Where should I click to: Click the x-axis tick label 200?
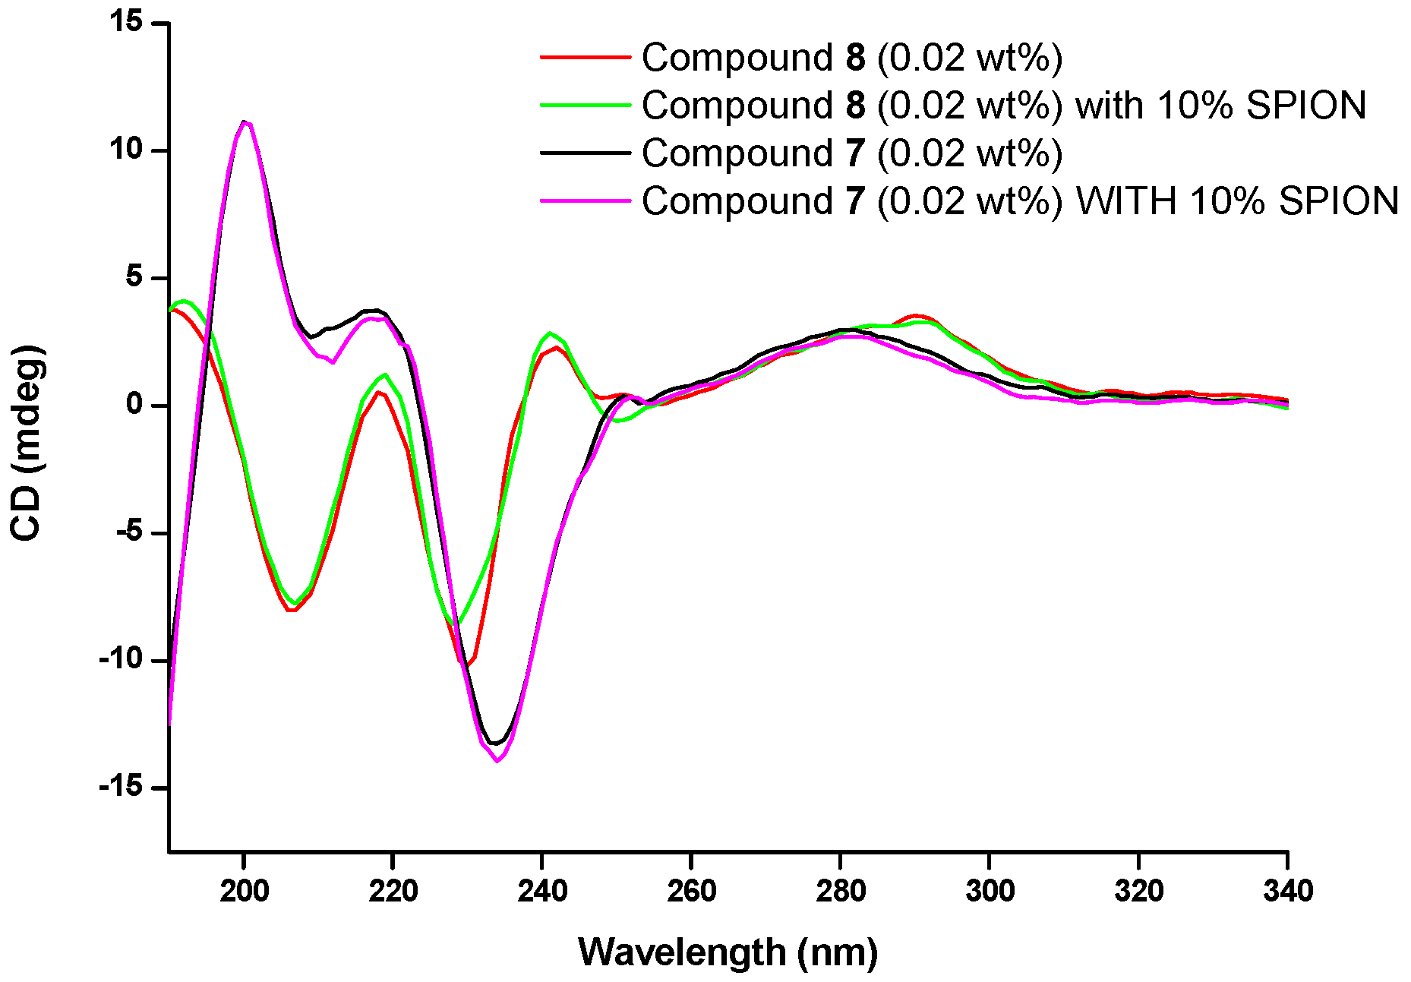pos(244,890)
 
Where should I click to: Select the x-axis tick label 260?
pos(691,890)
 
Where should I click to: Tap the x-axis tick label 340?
pos(1288,890)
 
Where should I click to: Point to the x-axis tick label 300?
pos(990,890)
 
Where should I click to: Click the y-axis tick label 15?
pos(125,22)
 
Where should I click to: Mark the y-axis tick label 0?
pos(135,404)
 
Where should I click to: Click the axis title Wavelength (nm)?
pos(728,952)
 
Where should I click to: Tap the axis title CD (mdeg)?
pos(27,443)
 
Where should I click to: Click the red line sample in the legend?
pos(586,57)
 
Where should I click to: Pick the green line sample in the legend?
pos(586,105)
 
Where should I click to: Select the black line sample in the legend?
pos(586,153)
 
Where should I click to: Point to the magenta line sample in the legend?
pos(586,201)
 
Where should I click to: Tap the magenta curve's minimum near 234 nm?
pos(497,760)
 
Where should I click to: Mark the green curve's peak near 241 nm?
pos(550,333)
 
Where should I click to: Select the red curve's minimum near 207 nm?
pos(292,610)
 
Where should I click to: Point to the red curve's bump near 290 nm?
pos(917,315)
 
